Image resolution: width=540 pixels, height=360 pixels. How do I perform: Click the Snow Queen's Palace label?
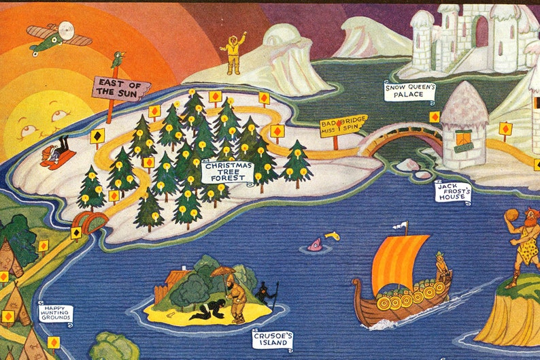point(410,91)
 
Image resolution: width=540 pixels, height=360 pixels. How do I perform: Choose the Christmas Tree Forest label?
point(227,171)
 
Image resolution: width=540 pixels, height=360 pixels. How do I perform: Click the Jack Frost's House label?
point(454,191)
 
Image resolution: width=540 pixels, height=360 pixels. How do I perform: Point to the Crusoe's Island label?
point(272,339)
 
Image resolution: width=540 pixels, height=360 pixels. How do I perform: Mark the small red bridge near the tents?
point(89,221)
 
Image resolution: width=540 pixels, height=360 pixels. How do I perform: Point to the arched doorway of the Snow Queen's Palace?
point(482,31)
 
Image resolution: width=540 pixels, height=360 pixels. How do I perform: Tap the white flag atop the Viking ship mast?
point(404,226)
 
